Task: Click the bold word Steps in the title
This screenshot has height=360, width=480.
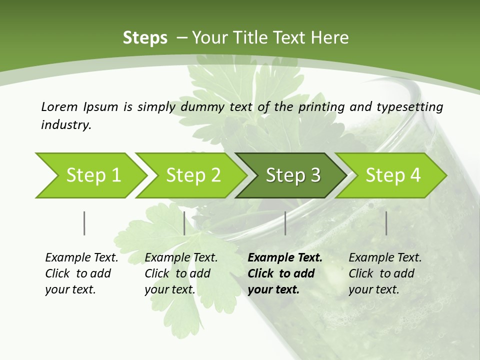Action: [x=145, y=38]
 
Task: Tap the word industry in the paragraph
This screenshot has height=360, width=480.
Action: [x=66, y=124]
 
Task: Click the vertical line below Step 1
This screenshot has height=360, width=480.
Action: [x=84, y=223]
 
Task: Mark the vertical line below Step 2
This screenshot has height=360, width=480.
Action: [x=184, y=223]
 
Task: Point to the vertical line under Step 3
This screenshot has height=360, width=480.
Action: [x=285, y=223]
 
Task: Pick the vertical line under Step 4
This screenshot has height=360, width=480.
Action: [x=386, y=223]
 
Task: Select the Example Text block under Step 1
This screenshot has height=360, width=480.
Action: [x=81, y=273]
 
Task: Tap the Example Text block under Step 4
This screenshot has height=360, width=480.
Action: [x=385, y=273]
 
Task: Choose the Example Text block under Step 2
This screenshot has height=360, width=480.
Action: [x=181, y=273]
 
